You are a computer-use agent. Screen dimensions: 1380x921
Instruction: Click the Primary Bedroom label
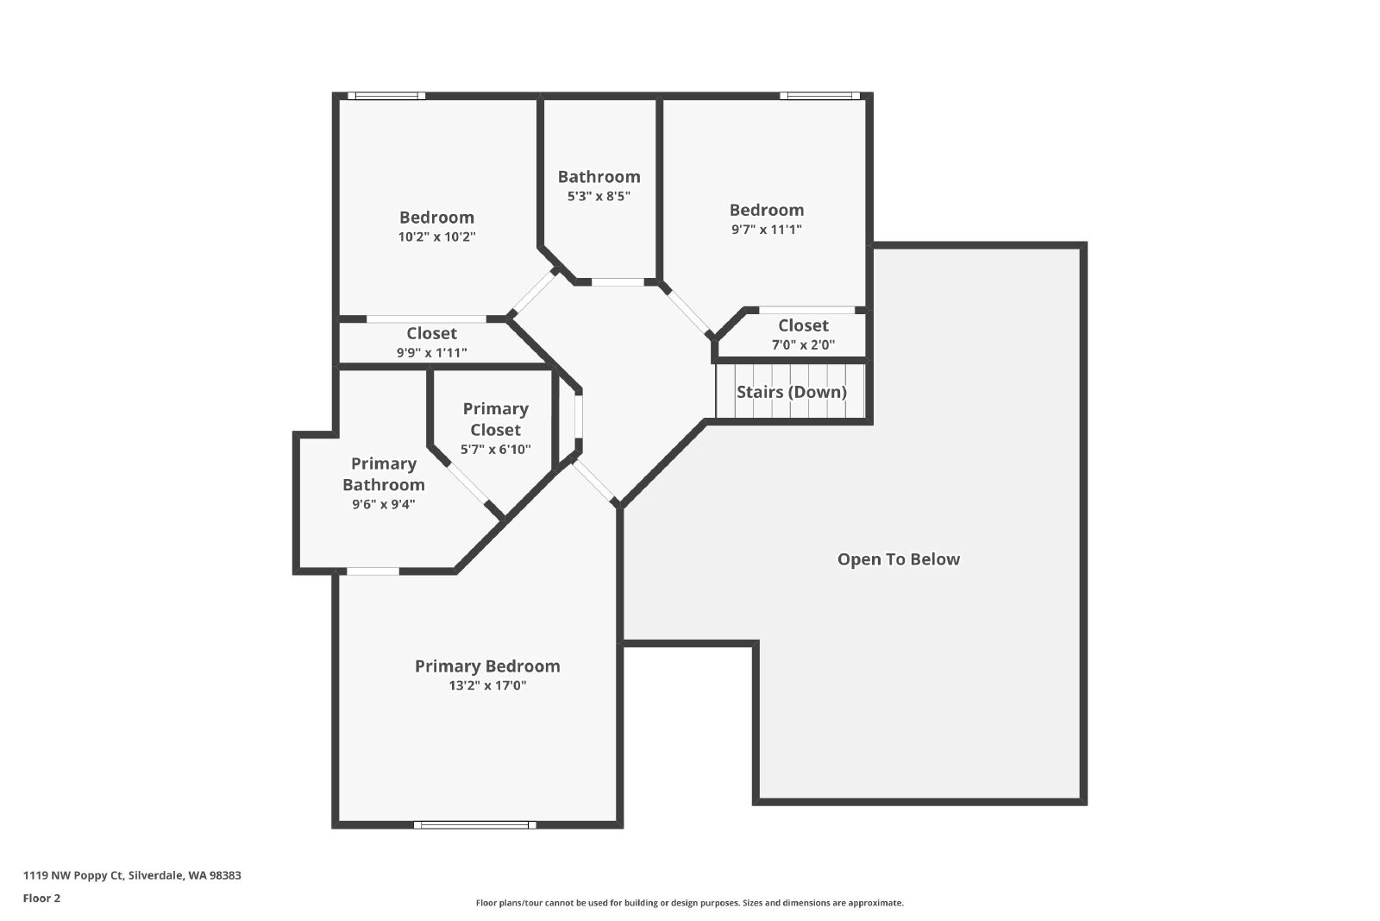click(487, 666)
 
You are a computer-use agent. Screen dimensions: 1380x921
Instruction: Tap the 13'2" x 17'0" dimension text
click(487, 685)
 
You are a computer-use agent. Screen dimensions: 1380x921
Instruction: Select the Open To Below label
click(898, 559)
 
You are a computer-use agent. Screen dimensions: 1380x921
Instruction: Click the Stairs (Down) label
click(792, 392)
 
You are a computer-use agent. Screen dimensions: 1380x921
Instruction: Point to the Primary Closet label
click(495, 419)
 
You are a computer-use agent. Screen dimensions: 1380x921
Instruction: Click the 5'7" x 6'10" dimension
click(495, 450)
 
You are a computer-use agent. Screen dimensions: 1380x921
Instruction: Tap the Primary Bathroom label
click(384, 474)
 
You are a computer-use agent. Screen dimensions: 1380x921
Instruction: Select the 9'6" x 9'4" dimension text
click(384, 504)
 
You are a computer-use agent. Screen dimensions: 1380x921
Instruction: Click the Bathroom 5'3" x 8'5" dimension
click(599, 196)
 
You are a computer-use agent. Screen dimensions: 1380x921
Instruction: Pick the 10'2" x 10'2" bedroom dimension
click(436, 237)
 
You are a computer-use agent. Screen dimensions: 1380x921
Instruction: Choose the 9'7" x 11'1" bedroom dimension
click(767, 230)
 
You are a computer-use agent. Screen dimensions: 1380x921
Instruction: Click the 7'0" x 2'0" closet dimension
click(803, 344)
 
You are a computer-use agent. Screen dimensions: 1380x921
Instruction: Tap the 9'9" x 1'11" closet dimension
click(431, 353)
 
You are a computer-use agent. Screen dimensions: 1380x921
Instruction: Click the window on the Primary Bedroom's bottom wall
click(474, 825)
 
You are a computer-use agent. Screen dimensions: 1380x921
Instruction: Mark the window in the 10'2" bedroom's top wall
click(386, 96)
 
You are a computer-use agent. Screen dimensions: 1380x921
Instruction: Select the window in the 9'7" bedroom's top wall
click(819, 96)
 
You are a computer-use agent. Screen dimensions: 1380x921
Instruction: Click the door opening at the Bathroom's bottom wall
click(618, 281)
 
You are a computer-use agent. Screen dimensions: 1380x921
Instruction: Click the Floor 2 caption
click(42, 899)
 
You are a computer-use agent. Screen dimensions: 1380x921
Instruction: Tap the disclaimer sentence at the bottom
click(689, 903)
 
